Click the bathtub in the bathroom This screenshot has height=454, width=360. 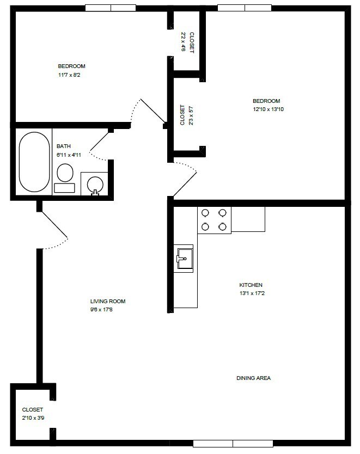(x=34, y=162)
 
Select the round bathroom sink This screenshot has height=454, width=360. (x=95, y=183)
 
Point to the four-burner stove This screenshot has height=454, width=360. (x=214, y=220)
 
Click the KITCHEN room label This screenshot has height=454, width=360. (x=251, y=285)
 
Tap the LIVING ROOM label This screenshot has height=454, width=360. (x=108, y=301)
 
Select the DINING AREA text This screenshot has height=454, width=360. (x=253, y=378)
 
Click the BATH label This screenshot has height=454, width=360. (x=64, y=146)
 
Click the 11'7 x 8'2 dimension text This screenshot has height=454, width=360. (x=69, y=75)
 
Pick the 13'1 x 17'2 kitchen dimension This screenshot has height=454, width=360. (x=251, y=294)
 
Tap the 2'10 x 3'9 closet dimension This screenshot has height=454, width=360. (x=33, y=418)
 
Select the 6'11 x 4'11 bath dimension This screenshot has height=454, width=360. (x=69, y=155)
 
